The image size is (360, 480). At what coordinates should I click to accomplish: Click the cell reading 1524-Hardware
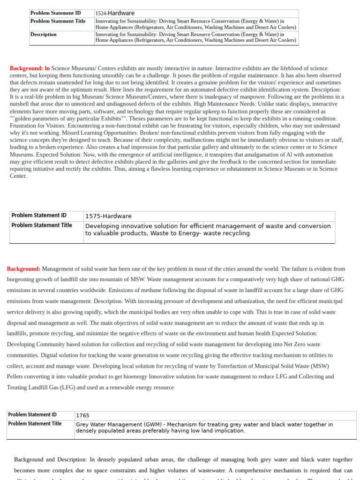click(x=115, y=14)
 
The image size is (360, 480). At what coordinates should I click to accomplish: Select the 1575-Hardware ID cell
click(x=108, y=216)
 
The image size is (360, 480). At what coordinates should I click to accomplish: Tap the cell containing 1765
click(x=82, y=415)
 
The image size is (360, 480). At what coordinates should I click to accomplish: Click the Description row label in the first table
click(x=44, y=34)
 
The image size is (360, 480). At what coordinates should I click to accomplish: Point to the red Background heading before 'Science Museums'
click(x=30, y=68)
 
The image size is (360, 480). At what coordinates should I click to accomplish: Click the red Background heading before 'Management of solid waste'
click(x=23, y=269)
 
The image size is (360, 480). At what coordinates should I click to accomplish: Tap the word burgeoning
click(x=23, y=280)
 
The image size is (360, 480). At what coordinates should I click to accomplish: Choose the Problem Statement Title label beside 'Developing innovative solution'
click(x=42, y=225)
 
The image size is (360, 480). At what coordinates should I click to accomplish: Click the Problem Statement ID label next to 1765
click(x=32, y=415)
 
